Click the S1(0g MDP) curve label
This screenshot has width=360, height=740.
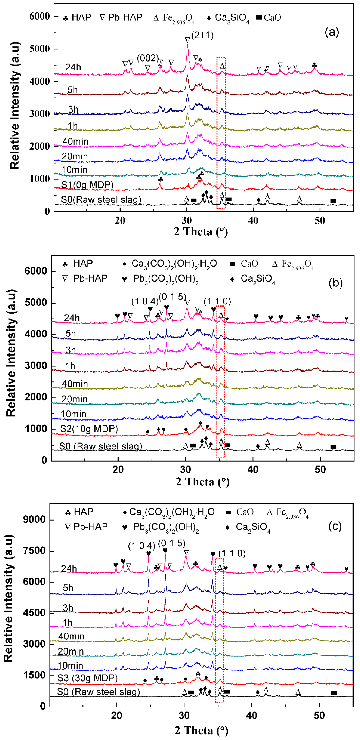click(87, 185)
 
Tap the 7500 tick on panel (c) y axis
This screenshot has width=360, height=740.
click(34, 551)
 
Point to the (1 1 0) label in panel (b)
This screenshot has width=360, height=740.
click(217, 301)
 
